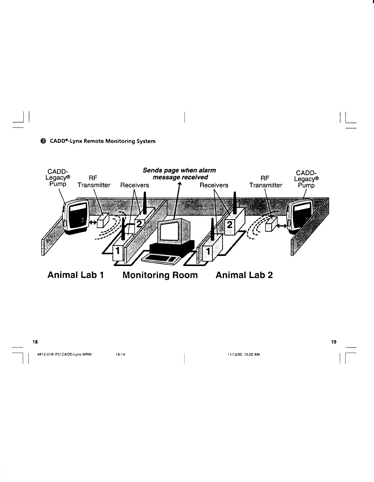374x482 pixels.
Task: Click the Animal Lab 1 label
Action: [76, 275]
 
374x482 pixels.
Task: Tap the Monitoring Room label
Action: [160, 275]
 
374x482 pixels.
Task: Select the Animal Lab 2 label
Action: [244, 275]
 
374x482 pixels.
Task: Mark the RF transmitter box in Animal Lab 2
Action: [271, 224]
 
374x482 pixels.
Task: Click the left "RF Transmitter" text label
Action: [94, 182]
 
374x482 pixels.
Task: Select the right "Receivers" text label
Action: [214, 185]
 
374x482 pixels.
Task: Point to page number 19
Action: [333, 342]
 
